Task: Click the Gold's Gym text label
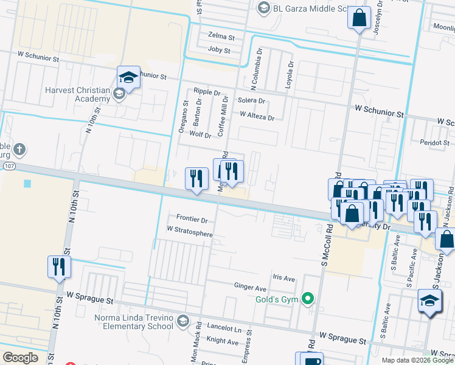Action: [277, 299]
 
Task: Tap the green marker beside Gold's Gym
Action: [308, 298]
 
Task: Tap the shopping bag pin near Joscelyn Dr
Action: [359, 18]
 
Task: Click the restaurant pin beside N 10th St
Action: [60, 266]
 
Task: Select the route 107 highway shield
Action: [8, 165]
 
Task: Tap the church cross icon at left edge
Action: [19, 149]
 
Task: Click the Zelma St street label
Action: [220, 36]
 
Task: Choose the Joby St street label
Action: [219, 50]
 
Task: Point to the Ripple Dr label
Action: [207, 92]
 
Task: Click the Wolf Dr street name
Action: [200, 134]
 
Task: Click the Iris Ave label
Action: [283, 278]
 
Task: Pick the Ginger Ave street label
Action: [250, 287]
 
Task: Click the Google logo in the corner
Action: [20, 358]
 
